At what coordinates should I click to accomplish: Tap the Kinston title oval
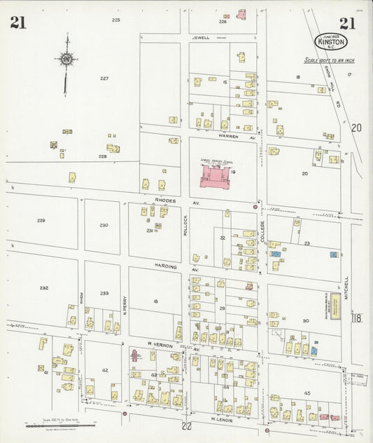point(331,42)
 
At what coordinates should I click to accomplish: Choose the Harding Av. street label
point(167,267)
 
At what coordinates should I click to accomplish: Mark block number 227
point(104,78)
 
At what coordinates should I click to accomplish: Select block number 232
point(44,287)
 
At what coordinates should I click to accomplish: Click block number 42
point(105,370)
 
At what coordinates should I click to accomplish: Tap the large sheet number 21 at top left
point(19,24)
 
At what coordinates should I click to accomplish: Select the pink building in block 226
point(242,14)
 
